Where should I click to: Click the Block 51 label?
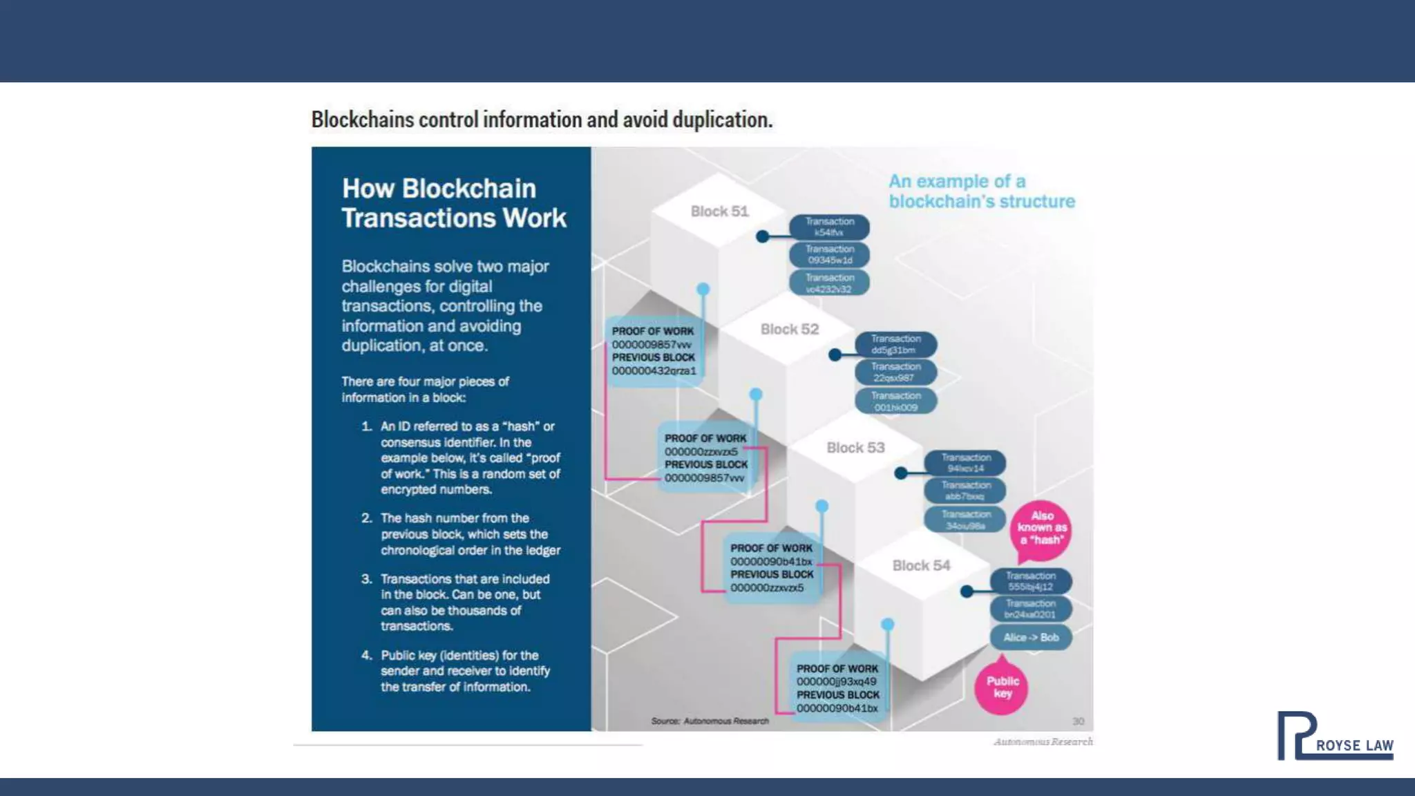(x=719, y=211)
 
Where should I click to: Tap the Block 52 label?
(x=789, y=330)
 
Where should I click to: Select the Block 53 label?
(x=855, y=448)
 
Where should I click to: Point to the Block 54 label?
(x=921, y=566)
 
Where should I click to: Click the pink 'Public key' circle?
(x=1002, y=688)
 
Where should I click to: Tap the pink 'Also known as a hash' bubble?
(x=1041, y=529)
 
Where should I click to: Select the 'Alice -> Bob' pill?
(x=1031, y=637)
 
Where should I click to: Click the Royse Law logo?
(x=1333, y=736)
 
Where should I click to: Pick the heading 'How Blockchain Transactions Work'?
(x=453, y=203)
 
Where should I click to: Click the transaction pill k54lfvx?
(x=829, y=227)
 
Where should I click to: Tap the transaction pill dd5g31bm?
(x=895, y=345)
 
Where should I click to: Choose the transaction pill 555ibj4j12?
(x=1030, y=581)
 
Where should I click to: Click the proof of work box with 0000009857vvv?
(x=654, y=351)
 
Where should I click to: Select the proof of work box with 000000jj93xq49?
(x=837, y=688)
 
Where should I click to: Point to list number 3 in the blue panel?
(x=366, y=579)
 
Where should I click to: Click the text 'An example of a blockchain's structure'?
(x=981, y=191)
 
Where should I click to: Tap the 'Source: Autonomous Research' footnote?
(x=710, y=721)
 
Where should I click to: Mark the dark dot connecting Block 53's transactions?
(x=900, y=473)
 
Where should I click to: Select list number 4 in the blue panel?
(x=366, y=655)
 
